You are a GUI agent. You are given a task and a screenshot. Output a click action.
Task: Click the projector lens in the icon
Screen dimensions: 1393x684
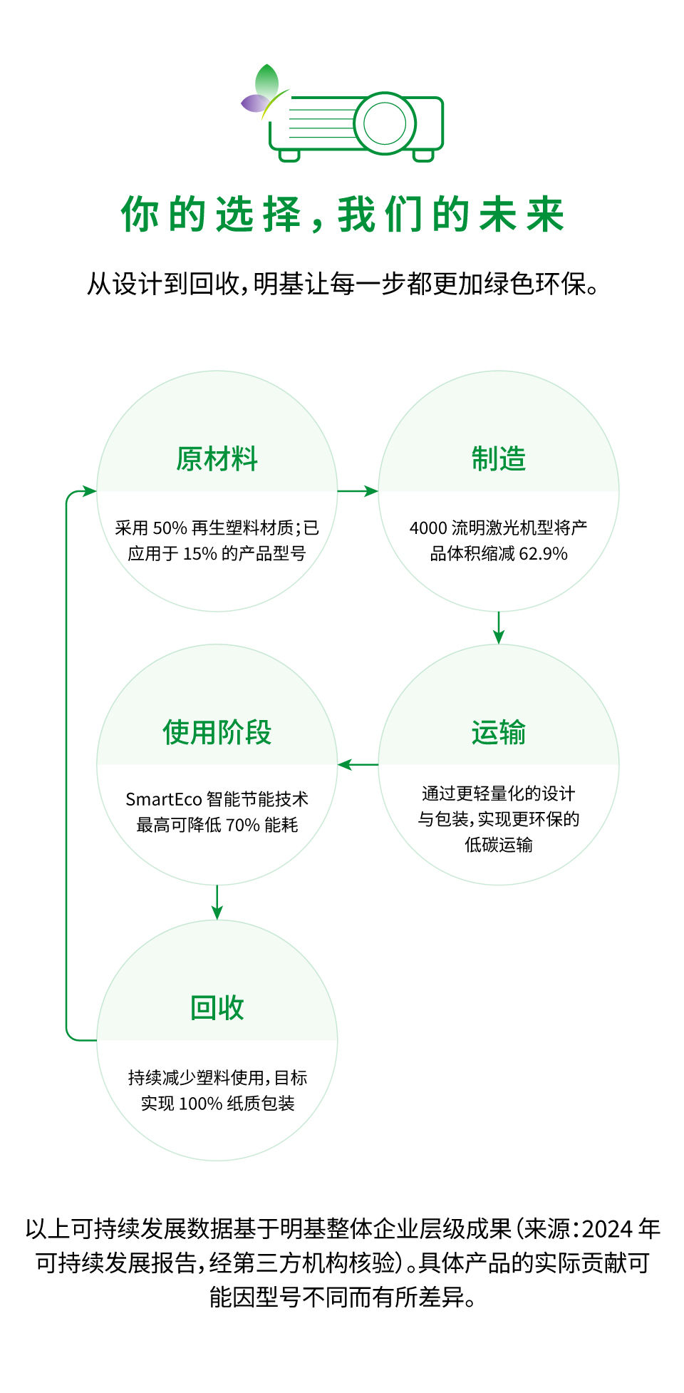(385, 123)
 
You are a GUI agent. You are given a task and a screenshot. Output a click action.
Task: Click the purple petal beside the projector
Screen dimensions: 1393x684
(252, 103)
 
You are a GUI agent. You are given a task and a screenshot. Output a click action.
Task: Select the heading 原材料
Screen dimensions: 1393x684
(217, 459)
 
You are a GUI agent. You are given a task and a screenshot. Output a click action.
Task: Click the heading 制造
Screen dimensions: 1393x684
(498, 459)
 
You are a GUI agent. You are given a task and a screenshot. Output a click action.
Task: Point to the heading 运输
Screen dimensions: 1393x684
(498, 733)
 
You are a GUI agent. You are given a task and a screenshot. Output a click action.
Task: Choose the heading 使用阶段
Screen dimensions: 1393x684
(217, 733)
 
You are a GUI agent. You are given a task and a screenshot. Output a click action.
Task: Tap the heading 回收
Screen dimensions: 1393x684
(217, 1008)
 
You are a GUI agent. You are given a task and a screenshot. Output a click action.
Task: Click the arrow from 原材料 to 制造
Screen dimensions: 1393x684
(358, 491)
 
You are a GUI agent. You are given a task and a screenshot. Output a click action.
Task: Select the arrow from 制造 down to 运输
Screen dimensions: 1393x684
(498, 627)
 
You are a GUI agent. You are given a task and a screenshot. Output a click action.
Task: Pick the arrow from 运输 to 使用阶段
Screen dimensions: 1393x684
(358, 765)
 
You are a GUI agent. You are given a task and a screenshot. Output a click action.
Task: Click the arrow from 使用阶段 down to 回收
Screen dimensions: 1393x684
(217, 903)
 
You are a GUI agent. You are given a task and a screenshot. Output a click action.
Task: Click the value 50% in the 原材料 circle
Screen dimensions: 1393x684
(170, 528)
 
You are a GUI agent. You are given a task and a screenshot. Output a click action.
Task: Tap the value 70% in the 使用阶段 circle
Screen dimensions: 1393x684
(242, 826)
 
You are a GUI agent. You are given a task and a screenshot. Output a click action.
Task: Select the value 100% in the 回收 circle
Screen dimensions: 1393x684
(200, 1104)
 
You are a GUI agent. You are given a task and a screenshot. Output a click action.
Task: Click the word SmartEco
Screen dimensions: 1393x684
(163, 800)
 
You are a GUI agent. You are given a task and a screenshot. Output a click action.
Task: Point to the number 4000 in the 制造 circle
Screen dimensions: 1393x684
(427, 528)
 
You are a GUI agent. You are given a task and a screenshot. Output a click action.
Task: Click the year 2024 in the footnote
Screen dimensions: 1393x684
(607, 1229)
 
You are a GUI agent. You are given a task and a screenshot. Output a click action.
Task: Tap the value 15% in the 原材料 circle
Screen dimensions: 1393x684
(199, 554)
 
